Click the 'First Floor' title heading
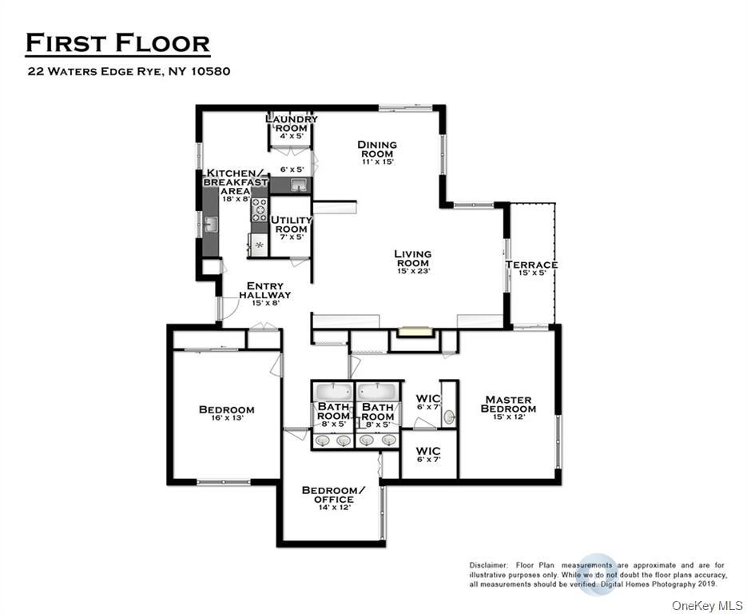pyautogui.click(x=117, y=43)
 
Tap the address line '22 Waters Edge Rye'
pyautogui.click(x=129, y=71)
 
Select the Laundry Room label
pyautogui.click(x=291, y=124)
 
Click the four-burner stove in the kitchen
pyautogui.click(x=260, y=209)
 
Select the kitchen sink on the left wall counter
pyautogui.click(x=210, y=225)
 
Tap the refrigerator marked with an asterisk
pyautogui.click(x=259, y=245)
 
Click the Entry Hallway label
pyautogui.click(x=265, y=290)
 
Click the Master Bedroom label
pyautogui.click(x=508, y=405)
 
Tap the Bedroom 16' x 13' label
pyautogui.click(x=227, y=414)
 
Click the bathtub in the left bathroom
pyautogui.click(x=332, y=392)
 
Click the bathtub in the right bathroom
pyautogui.click(x=378, y=392)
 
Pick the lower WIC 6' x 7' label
pyautogui.click(x=428, y=456)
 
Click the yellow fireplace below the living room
pyautogui.click(x=415, y=330)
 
